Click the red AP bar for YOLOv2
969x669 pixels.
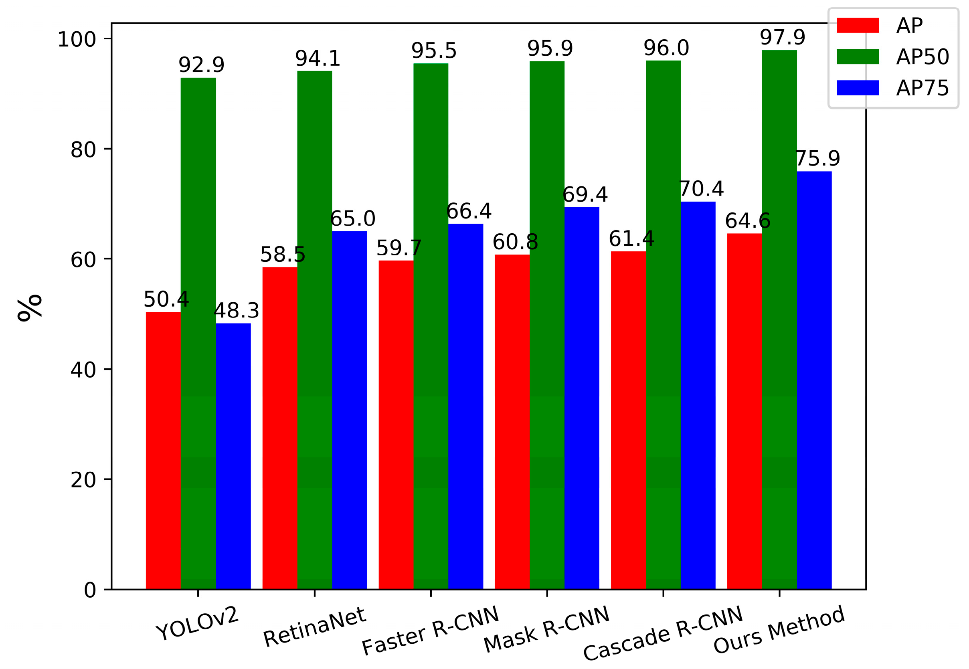(163, 451)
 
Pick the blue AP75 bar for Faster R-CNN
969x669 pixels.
(465, 406)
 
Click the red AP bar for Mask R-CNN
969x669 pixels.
(512, 422)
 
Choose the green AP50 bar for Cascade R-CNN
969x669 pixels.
(663, 325)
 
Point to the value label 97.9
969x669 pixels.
(782, 38)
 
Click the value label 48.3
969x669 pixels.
(237, 311)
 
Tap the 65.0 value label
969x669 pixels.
(352, 219)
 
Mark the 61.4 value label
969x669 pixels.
(631, 239)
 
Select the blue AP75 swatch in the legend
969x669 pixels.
(858, 88)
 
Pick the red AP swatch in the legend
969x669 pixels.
(858, 25)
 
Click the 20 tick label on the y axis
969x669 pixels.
(83, 480)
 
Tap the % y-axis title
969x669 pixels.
(30, 308)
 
